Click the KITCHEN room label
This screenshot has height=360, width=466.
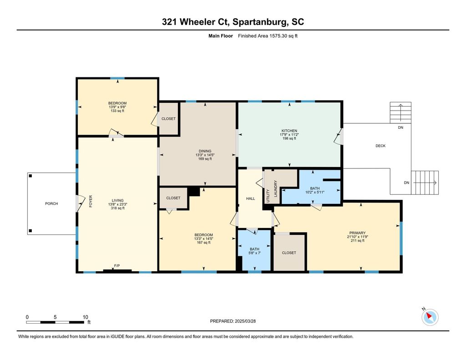289,131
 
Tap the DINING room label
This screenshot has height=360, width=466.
205,151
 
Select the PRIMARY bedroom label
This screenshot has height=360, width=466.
357,233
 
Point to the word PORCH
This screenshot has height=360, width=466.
51,203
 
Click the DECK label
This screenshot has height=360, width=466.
380,146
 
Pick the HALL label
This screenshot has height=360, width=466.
251,198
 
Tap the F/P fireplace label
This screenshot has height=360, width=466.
117,266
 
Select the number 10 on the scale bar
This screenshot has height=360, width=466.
85,317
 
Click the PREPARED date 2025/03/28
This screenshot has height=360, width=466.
245,321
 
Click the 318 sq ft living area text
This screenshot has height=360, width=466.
118,208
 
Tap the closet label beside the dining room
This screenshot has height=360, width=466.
168,119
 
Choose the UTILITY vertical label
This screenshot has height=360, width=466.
268,196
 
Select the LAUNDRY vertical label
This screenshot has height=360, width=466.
275,188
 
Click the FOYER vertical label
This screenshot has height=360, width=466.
91,201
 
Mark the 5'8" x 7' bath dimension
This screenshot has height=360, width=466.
254,253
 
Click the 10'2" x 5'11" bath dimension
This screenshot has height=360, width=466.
315,192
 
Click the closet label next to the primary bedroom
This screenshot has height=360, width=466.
289,253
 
